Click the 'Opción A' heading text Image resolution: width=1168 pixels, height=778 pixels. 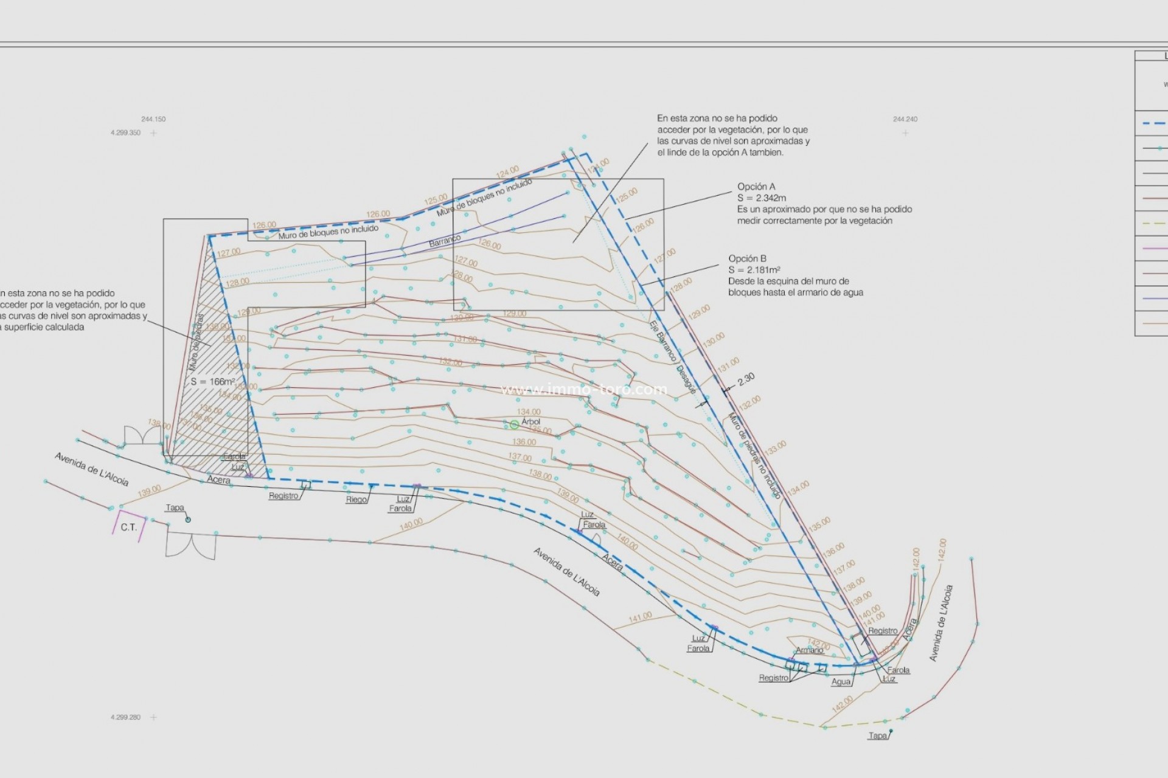click(x=756, y=187)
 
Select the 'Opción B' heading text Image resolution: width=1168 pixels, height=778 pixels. click(x=748, y=258)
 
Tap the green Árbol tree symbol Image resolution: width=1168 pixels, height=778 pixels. click(x=515, y=425)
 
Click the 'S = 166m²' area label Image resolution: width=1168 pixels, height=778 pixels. click(x=213, y=382)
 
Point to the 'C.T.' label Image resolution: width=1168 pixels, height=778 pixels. click(x=128, y=527)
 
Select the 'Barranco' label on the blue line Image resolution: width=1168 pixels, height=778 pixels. click(x=445, y=241)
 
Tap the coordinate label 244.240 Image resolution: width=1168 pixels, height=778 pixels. click(x=905, y=119)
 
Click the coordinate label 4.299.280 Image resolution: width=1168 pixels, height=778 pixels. click(x=125, y=717)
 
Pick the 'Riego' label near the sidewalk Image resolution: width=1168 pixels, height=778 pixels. click(x=356, y=500)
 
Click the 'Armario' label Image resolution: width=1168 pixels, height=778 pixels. click(x=809, y=650)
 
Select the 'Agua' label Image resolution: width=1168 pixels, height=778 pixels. click(x=841, y=682)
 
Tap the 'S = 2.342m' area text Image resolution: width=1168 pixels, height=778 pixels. click(x=762, y=198)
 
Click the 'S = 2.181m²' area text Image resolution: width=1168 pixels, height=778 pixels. click(x=754, y=270)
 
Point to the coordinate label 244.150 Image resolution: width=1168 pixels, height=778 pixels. click(x=153, y=119)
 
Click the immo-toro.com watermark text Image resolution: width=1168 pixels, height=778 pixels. click(x=583, y=390)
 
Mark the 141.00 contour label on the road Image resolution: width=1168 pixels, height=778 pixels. click(x=640, y=617)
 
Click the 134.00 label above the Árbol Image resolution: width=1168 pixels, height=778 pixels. click(x=529, y=412)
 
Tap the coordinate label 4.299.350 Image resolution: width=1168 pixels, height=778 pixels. click(x=125, y=133)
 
